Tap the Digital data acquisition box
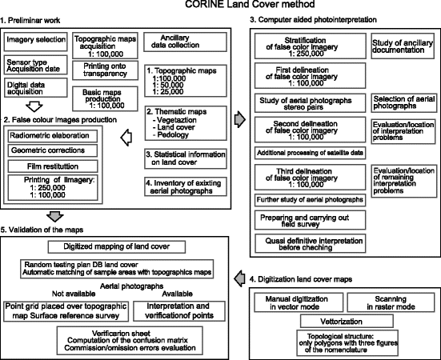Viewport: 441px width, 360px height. [34, 86]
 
